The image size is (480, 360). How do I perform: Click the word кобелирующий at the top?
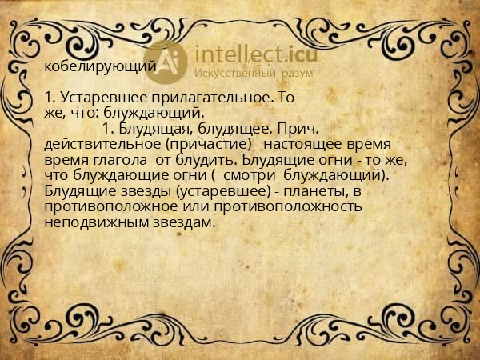(100, 66)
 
